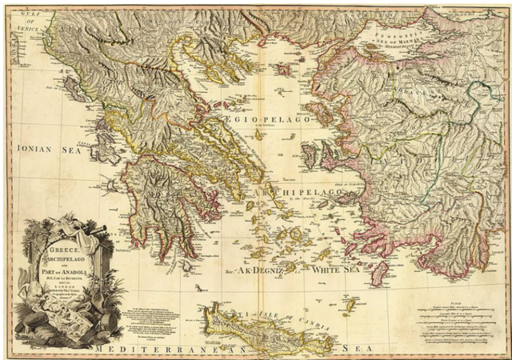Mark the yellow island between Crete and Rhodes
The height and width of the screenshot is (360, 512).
point(350,305)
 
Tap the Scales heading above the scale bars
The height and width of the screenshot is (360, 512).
point(457,302)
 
